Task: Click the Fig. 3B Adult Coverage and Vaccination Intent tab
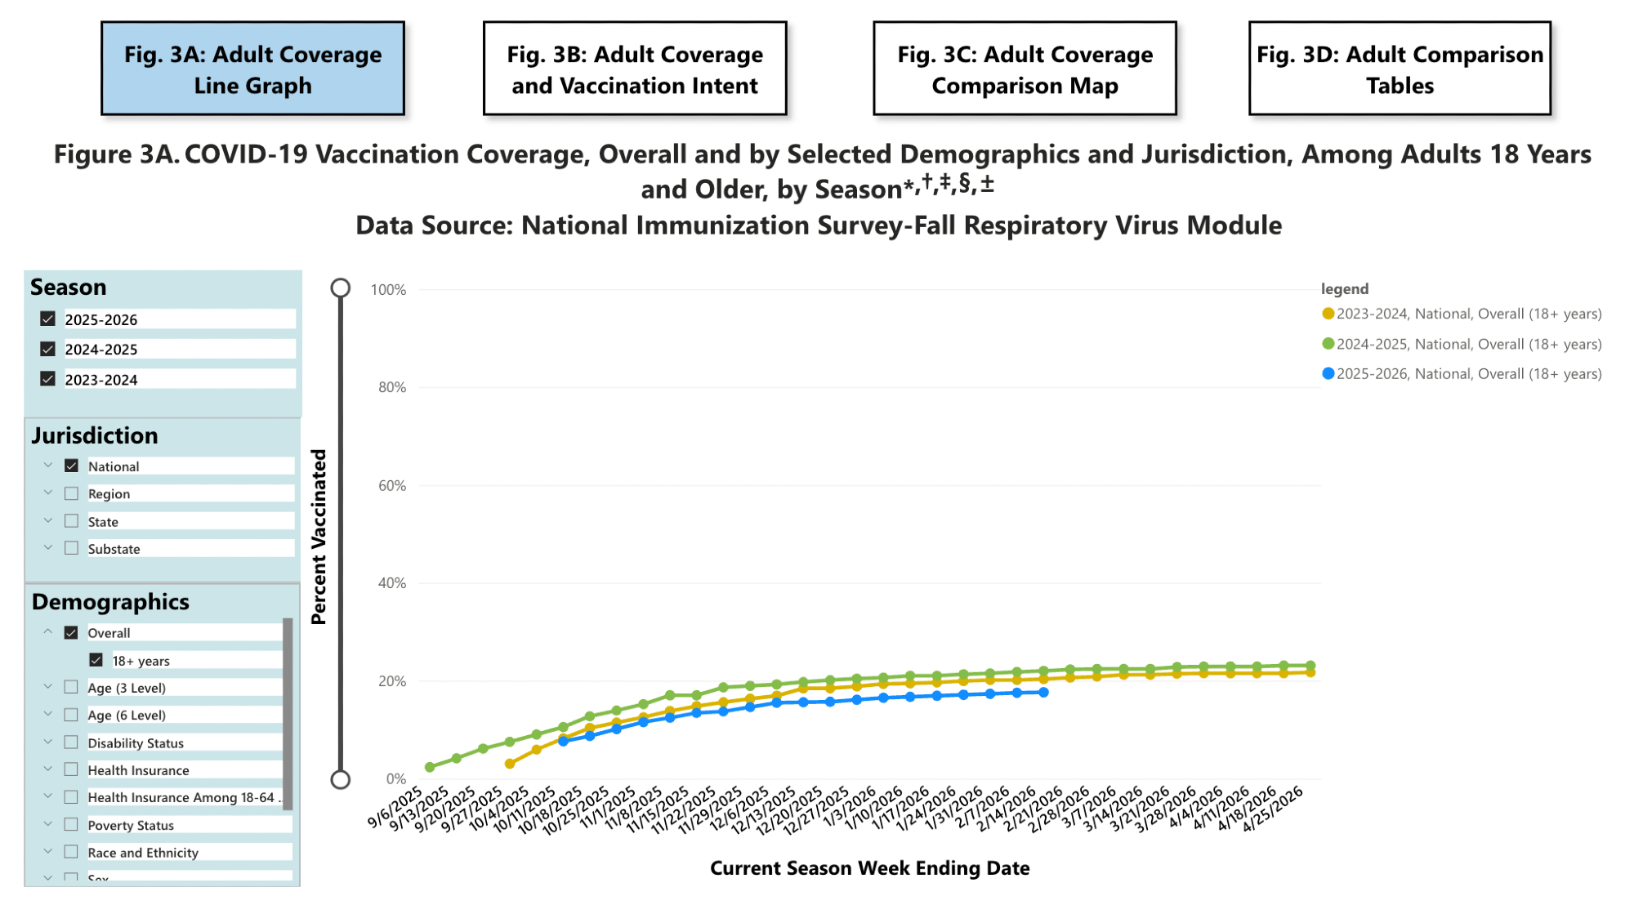635,69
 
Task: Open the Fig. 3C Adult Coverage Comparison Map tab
1025,69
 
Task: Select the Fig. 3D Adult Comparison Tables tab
1400,69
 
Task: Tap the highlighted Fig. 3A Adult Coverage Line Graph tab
252,69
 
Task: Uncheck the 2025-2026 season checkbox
48,319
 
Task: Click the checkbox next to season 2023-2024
48,379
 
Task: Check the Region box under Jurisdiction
72,493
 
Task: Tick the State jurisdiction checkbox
72,521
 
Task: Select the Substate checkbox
72,548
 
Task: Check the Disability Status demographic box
72,742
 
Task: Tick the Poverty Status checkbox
72,825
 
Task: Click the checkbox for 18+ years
96,660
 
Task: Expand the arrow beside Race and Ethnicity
48,852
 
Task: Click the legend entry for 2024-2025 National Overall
1468,344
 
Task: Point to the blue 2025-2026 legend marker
1328,374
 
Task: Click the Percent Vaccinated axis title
319,537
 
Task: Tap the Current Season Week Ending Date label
869,868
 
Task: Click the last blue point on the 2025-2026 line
1043,693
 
